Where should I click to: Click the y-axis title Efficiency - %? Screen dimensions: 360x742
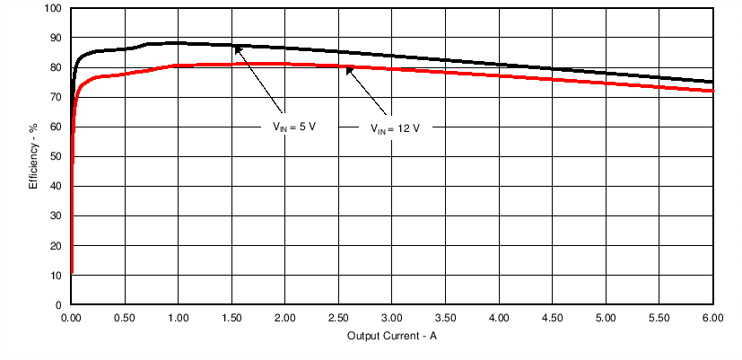click(x=33, y=156)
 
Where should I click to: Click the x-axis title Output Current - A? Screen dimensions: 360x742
click(x=392, y=336)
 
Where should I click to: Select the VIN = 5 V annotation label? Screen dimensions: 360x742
click(x=295, y=127)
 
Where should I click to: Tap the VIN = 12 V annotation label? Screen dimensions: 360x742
click(x=396, y=127)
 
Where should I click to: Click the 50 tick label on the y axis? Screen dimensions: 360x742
click(x=56, y=156)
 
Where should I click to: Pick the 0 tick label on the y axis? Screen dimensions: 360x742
click(x=58, y=304)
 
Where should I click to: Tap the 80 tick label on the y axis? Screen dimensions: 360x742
click(x=56, y=67)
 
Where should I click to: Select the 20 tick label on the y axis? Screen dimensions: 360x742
click(x=56, y=245)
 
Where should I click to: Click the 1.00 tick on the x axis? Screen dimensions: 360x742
click(x=178, y=318)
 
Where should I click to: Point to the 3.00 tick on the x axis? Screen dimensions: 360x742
click(x=392, y=318)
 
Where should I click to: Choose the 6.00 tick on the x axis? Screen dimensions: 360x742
click(x=712, y=318)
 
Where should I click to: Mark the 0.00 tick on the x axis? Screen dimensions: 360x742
click(x=71, y=318)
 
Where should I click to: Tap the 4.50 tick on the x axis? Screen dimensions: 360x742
click(x=553, y=318)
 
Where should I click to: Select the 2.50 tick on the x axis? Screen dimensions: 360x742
click(x=338, y=318)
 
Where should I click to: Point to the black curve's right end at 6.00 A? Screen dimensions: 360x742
click(x=712, y=82)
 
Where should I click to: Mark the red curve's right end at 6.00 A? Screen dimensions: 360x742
click(x=712, y=91)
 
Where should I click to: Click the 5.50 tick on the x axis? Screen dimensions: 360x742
click(x=659, y=318)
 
